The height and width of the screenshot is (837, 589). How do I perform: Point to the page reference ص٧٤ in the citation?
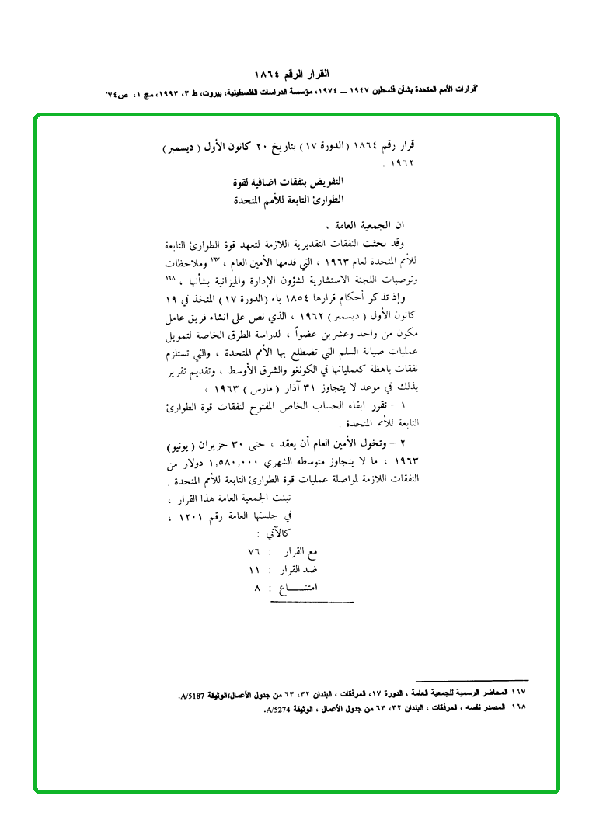[x=117, y=92]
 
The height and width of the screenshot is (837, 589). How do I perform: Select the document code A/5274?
[x=279, y=709]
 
